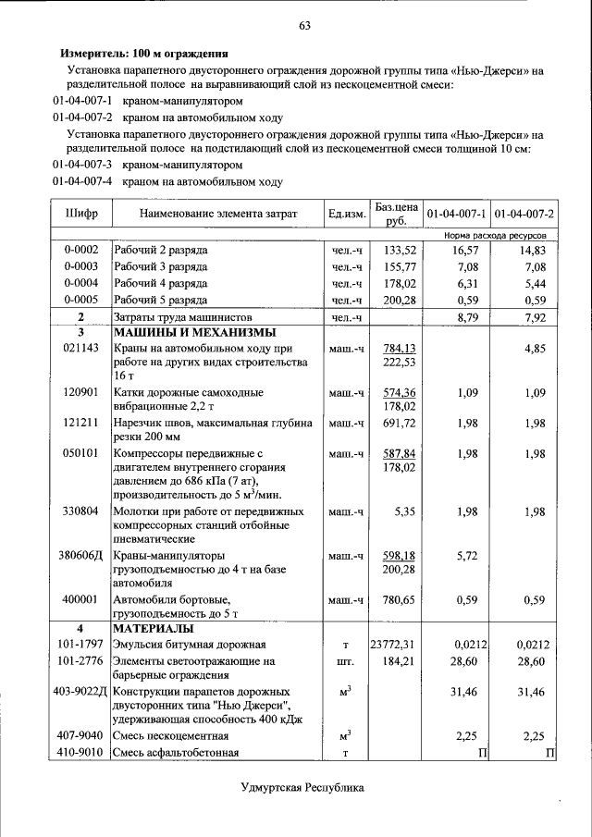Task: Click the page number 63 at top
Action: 303,25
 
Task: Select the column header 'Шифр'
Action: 81,214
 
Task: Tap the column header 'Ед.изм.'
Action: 346,214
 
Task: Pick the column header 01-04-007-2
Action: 524,214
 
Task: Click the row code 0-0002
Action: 81,250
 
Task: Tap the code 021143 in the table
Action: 81,349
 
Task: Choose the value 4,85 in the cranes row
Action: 534,349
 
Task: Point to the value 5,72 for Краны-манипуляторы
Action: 467,555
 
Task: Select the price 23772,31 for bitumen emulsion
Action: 395,645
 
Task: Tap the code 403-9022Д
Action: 81,691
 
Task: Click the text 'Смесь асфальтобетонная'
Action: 176,752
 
